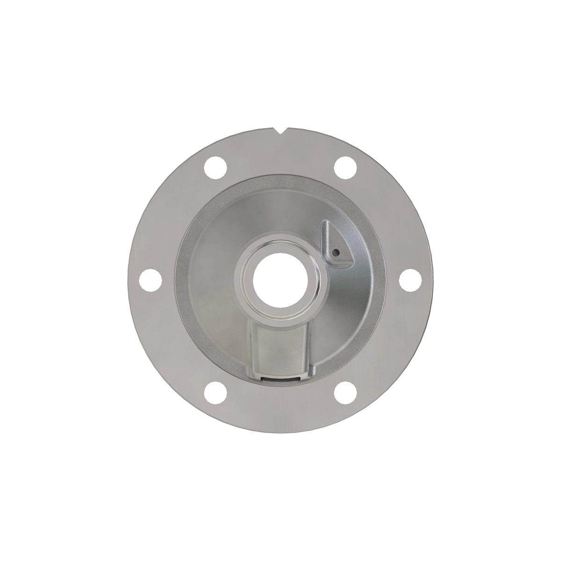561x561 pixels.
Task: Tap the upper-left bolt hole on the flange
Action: point(216,167)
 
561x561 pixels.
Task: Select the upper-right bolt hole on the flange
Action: point(345,167)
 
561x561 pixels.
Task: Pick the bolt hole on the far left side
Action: point(151,280)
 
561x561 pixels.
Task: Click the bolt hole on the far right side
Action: point(410,280)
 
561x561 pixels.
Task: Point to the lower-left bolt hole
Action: point(216,393)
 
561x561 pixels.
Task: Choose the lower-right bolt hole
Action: point(345,393)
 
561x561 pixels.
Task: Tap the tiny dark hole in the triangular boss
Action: point(335,252)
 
